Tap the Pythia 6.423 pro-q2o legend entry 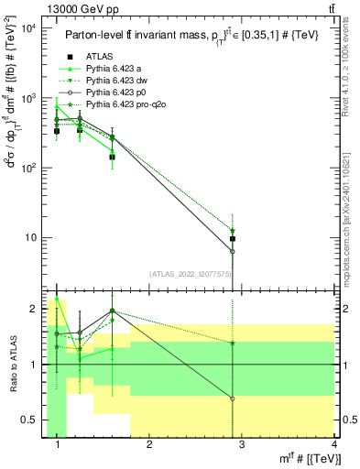pyautogui.click(x=121, y=105)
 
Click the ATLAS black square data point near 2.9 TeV pyautogui.click(x=233, y=239)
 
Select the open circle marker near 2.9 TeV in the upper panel pyautogui.click(x=233, y=251)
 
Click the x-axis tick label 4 pyautogui.click(x=333, y=444)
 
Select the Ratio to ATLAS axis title pyautogui.click(x=12, y=365)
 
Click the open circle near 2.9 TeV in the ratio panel pyautogui.click(x=233, y=398)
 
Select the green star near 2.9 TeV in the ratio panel pyautogui.click(x=233, y=343)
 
